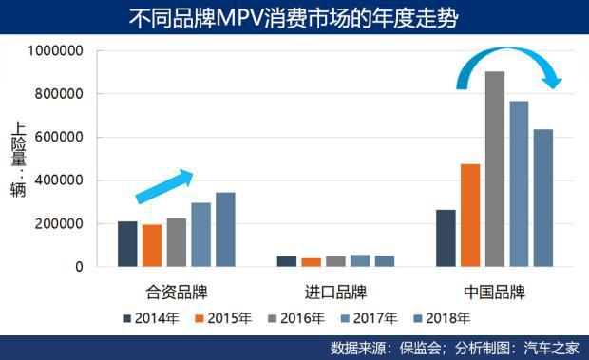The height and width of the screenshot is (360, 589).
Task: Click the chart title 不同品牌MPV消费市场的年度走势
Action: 294,17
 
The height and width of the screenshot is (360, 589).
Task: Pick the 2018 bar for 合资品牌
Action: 225,230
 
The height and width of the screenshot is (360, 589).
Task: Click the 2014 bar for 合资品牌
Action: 127,244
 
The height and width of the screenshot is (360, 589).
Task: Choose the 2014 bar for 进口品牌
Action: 287,261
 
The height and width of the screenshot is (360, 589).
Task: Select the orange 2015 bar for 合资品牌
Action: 152,246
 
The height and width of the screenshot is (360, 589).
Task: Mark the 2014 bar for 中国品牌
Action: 445,238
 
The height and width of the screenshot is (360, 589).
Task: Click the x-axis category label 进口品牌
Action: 335,292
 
